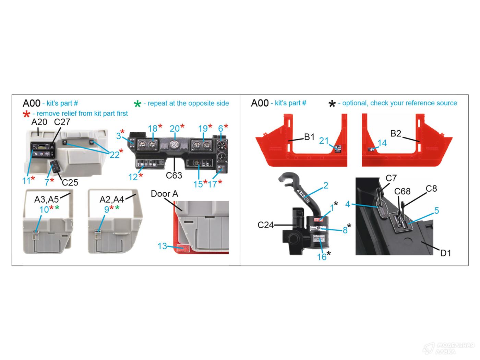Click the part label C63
click(173, 176)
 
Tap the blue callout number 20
click(175, 129)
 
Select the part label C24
click(265, 225)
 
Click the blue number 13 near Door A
click(162, 246)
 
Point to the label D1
click(445, 253)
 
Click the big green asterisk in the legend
click(137, 104)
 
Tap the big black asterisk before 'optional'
click(332, 104)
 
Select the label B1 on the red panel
click(309, 137)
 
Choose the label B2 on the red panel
click(396, 133)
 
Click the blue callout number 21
click(324, 141)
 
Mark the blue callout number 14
click(382, 143)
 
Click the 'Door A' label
click(164, 194)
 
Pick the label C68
click(402, 191)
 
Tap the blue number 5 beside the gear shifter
click(436, 210)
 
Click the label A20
click(39, 122)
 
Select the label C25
click(70, 182)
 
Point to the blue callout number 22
click(114, 155)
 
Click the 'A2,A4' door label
click(111, 199)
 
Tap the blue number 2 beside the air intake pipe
click(325, 185)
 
